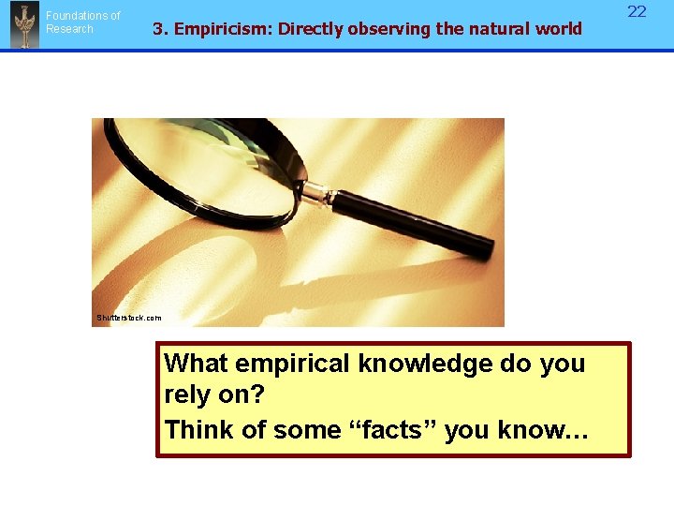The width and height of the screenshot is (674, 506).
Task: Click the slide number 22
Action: coord(637,11)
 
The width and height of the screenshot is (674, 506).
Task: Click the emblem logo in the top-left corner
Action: coord(24,24)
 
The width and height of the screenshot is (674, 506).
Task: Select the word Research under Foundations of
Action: coord(69,29)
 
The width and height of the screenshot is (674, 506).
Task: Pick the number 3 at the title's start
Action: coord(157,28)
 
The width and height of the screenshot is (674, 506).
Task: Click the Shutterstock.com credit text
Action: coord(128,318)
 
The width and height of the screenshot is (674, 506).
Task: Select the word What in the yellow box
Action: coord(196,364)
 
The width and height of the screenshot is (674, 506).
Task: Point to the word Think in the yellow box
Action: coord(198,430)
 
